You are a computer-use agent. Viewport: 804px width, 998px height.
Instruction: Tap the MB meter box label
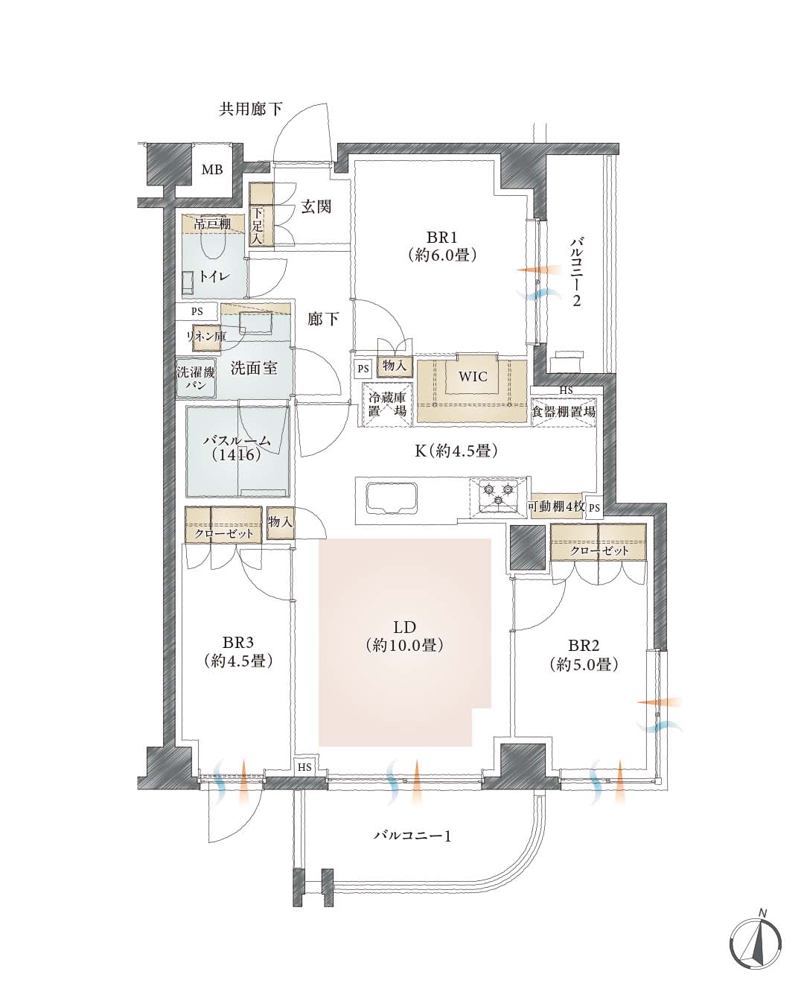[x=212, y=170]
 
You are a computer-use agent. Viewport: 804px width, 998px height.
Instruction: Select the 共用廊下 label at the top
[x=250, y=109]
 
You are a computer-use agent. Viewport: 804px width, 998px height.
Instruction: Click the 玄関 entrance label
[x=316, y=206]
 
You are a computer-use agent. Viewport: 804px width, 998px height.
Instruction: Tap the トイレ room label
[x=214, y=276]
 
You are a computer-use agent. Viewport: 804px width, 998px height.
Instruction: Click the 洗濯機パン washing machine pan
[x=196, y=378]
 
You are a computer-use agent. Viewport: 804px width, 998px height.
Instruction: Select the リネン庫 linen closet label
[x=206, y=336]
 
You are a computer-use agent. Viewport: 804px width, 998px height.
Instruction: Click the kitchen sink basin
[x=392, y=498]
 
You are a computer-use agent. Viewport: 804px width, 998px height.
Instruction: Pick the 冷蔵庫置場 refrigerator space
[x=388, y=404]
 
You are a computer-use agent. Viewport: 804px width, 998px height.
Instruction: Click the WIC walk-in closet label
[x=473, y=376]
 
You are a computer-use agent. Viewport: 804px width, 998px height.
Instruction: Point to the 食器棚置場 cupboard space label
[x=563, y=411]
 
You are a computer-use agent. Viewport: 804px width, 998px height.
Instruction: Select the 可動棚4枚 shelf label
[x=556, y=506]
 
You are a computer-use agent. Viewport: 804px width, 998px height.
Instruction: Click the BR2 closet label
[x=599, y=550]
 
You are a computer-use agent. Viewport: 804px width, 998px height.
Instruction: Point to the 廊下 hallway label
[x=323, y=319]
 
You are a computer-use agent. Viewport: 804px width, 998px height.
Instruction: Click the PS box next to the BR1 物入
[x=363, y=368]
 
